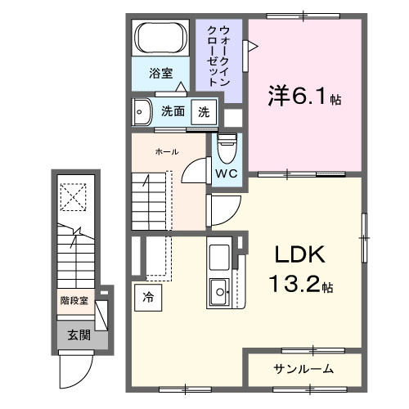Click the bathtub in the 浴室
[162, 38]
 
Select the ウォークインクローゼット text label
[220, 56]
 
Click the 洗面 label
[172, 111]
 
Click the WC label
[227, 174]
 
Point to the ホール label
[167, 151]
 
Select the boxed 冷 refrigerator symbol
[148, 296]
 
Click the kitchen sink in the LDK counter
[219, 289]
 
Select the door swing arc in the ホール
[195, 169]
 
